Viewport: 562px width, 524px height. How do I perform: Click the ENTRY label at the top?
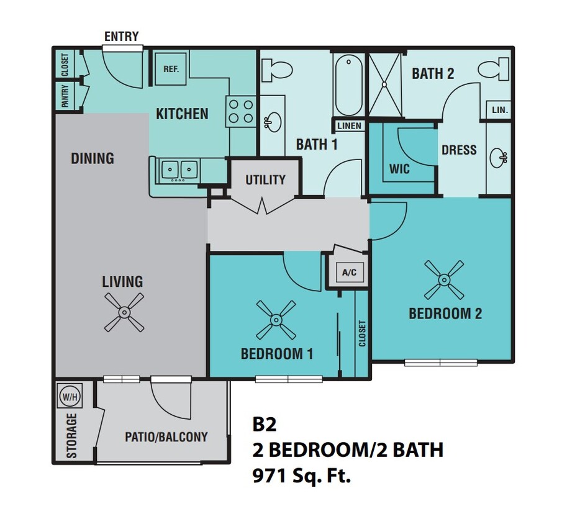click(121, 36)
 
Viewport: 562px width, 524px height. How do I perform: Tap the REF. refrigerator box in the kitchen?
click(171, 69)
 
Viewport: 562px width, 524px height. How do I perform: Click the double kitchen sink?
click(179, 169)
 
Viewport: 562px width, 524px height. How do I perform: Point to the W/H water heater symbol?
click(67, 395)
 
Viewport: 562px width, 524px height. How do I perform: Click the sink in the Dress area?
click(498, 158)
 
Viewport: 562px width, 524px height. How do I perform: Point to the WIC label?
click(399, 169)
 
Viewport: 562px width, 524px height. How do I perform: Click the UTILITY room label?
click(265, 180)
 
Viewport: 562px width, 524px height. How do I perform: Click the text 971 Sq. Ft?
click(301, 477)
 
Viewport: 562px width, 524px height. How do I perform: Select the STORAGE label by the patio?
click(72, 435)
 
